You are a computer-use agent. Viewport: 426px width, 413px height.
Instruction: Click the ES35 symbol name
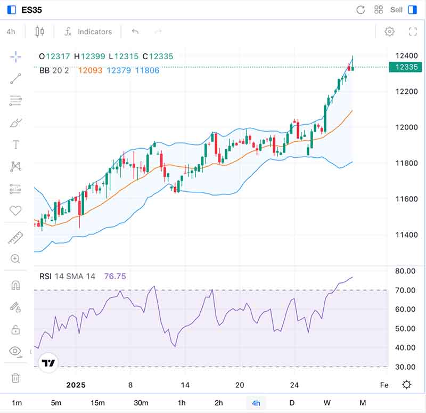point(32,10)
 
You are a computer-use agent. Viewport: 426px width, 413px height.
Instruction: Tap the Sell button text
point(396,10)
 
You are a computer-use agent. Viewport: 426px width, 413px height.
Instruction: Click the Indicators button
point(88,31)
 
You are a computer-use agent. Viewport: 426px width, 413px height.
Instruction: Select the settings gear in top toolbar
point(389,31)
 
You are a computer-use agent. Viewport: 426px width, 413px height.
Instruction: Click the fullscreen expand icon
point(413,31)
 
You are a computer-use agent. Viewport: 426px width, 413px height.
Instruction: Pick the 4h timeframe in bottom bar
point(256,402)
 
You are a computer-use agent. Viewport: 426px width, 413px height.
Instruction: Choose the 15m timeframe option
point(97,402)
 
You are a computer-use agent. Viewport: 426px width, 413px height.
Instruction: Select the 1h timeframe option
point(182,402)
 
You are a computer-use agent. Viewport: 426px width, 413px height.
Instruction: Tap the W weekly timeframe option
point(326,402)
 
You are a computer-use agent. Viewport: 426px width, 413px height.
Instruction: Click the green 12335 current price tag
point(403,67)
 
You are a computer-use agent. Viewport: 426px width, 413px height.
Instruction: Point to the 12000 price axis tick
point(403,127)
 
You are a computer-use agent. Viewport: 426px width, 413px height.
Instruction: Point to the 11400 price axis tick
point(403,235)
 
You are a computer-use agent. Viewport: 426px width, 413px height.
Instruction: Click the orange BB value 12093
point(90,70)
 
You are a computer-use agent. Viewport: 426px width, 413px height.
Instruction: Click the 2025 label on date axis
point(76,385)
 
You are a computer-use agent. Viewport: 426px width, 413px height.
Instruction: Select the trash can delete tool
point(15,378)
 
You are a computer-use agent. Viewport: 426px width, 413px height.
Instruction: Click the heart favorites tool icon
point(15,210)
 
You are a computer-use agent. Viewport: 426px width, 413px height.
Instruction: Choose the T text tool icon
point(15,145)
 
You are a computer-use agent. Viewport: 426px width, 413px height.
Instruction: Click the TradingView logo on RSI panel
point(48,363)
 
